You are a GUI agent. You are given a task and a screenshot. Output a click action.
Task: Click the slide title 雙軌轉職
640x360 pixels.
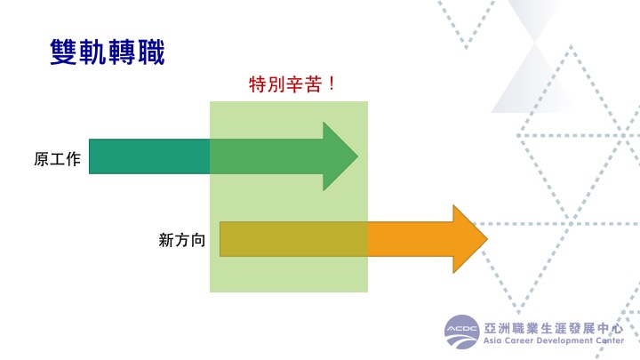(108, 52)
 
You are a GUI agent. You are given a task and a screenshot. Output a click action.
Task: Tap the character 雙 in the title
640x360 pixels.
(64, 52)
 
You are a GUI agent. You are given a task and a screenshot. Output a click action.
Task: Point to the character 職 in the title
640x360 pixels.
(151, 52)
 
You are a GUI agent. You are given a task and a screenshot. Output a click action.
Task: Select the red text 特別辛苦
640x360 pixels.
(285, 84)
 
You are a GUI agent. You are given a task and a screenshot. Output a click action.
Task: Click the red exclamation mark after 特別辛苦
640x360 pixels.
(332, 84)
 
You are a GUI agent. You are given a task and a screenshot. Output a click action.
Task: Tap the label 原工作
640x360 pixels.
(57, 159)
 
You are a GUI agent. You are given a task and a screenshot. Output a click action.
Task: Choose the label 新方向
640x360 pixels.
(181, 240)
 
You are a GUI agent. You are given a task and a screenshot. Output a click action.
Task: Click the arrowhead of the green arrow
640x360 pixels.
(340, 156)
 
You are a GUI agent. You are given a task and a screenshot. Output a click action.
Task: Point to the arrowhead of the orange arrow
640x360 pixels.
(470, 239)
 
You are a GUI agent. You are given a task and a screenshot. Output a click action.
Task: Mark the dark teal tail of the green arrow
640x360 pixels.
(149, 156)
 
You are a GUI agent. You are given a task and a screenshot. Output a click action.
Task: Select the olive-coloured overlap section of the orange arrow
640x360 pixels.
(293, 239)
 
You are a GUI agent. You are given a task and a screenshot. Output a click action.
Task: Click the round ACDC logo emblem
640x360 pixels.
(461, 332)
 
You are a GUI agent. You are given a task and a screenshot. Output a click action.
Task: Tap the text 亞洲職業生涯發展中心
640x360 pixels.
(554, 328)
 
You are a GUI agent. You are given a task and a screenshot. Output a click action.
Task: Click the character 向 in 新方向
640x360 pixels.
(197, 240)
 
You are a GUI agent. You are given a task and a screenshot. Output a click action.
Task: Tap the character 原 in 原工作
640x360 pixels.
(41, 159)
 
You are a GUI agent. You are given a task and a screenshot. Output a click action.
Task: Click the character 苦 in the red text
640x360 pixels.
(313, 84)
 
